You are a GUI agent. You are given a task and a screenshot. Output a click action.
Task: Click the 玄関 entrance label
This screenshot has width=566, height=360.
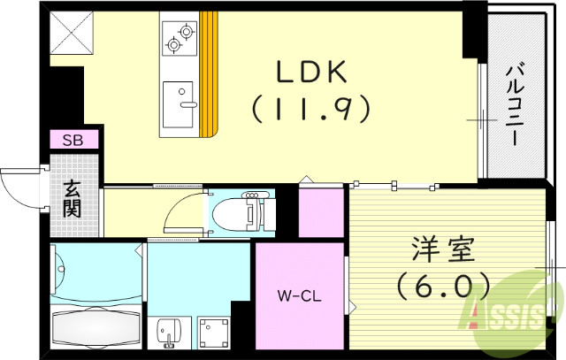click(72, 199)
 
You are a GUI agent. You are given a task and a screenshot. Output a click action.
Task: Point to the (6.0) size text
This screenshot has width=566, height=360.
click(443, 286)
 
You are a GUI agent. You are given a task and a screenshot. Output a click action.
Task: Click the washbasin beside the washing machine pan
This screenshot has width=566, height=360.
click(167, 333)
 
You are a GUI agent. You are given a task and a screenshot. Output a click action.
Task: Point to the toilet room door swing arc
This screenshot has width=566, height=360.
click(184, 207)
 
